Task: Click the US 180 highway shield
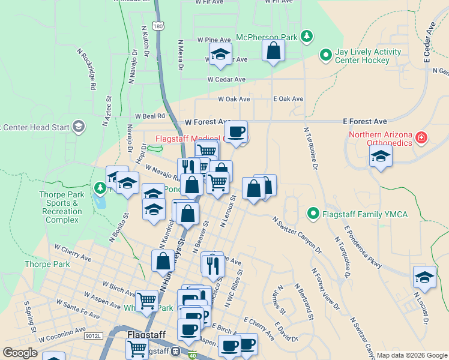point(157,26)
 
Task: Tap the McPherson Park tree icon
point(307,37)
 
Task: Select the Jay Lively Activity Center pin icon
point(326,56)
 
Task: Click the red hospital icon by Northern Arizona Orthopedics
point(422,138)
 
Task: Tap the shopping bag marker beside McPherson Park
point(273,52)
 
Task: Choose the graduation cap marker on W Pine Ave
point(220,55)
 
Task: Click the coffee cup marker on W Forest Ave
point(236,131)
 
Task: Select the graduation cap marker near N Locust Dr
point(424,277)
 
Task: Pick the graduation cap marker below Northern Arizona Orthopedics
point(381,157)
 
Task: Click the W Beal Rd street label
point(149,116)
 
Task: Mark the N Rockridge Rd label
point(86,70)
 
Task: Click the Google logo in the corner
point(20,353)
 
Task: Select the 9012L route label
point(94,335)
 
